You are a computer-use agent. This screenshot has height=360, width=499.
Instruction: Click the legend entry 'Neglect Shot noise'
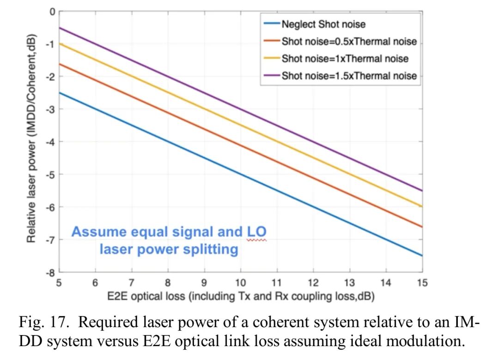(x=323, y=24)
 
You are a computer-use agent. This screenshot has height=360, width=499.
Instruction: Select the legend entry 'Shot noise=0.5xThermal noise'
(x=349, y=42)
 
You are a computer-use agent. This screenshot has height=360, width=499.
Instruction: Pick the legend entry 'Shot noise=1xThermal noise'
(x=345, y=59)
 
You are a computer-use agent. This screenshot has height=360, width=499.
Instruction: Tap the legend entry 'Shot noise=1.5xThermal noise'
(x=349, y=76)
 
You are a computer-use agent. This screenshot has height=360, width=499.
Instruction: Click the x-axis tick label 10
(x=240, y=283)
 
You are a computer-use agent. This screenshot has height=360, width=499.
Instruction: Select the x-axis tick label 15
(x=422, y=283)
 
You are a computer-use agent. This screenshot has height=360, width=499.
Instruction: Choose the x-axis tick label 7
(x=132, y=283)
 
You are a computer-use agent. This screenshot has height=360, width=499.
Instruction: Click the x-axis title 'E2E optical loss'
(x=241, y=296)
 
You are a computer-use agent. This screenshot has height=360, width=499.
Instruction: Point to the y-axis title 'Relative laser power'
(x=31, y=139)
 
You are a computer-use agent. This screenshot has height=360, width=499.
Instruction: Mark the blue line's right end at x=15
(x=422, y=256)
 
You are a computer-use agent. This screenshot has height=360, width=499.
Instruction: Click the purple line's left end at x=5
(x=59, y=28)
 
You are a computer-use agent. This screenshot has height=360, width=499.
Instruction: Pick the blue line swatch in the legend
(x=272, y=24)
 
